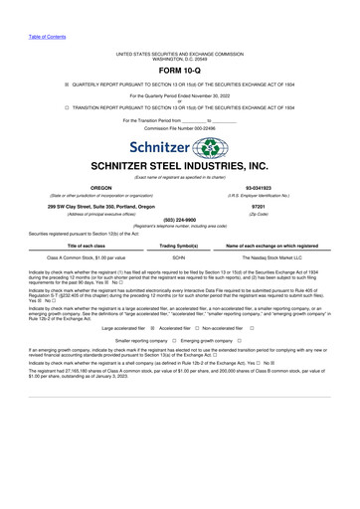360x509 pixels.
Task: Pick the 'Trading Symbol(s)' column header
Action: coord(180,244)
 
